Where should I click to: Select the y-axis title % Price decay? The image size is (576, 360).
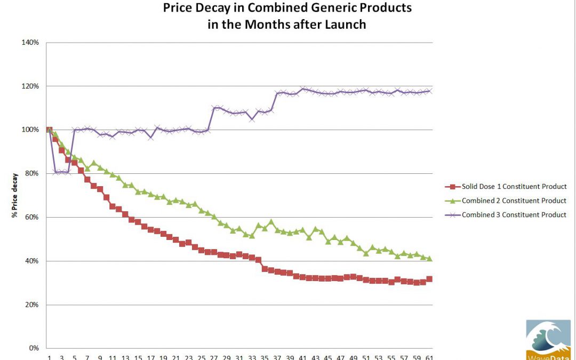[x=15, y=195]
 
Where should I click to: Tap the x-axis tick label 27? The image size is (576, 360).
[x=214, y=357]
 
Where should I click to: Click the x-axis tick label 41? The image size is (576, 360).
[x=302, y=357]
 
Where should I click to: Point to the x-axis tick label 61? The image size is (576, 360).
[x=429, y=357]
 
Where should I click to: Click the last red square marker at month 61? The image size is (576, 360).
[x=429, y=279]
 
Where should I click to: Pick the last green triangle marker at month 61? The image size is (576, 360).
[x=429, y=258]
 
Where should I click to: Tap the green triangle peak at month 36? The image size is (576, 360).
[x=271, y=221]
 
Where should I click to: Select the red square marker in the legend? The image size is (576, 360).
[x=452, y=187]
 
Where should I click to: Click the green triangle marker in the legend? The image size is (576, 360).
[x=452, y=201]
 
